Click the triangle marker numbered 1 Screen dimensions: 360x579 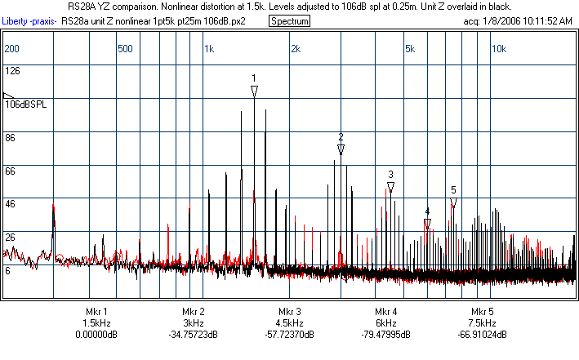click(x=254, y=91)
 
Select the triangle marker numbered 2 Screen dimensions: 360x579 click(x=341, y=149)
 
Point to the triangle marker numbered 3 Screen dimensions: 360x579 click(x=391, y=187)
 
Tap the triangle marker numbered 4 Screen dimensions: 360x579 click(x=427, y=224)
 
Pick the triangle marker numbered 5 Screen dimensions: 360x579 click(x=453, y=202)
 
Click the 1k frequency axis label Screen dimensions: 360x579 click(x=209, y=49)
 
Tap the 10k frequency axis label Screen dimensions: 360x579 click(x=498, y=49)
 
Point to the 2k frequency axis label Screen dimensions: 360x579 click(x=296, y=49)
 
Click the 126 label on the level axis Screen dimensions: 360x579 click(x=12, y=70)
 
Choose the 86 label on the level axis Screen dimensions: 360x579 click(x=11, y=139)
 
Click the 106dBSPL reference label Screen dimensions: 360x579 click(x=25, y=104)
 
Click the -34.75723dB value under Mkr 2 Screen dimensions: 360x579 click(x=193, y=335)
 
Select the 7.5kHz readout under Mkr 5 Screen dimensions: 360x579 click(x=482, y=323)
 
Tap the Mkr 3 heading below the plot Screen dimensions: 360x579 click(x=289, y=312)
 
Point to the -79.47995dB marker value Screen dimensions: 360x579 click(x=386, y=335)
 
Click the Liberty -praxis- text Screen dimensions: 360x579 click(x=30, y=20)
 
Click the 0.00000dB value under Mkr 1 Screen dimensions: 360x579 click(x=96, y=335)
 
